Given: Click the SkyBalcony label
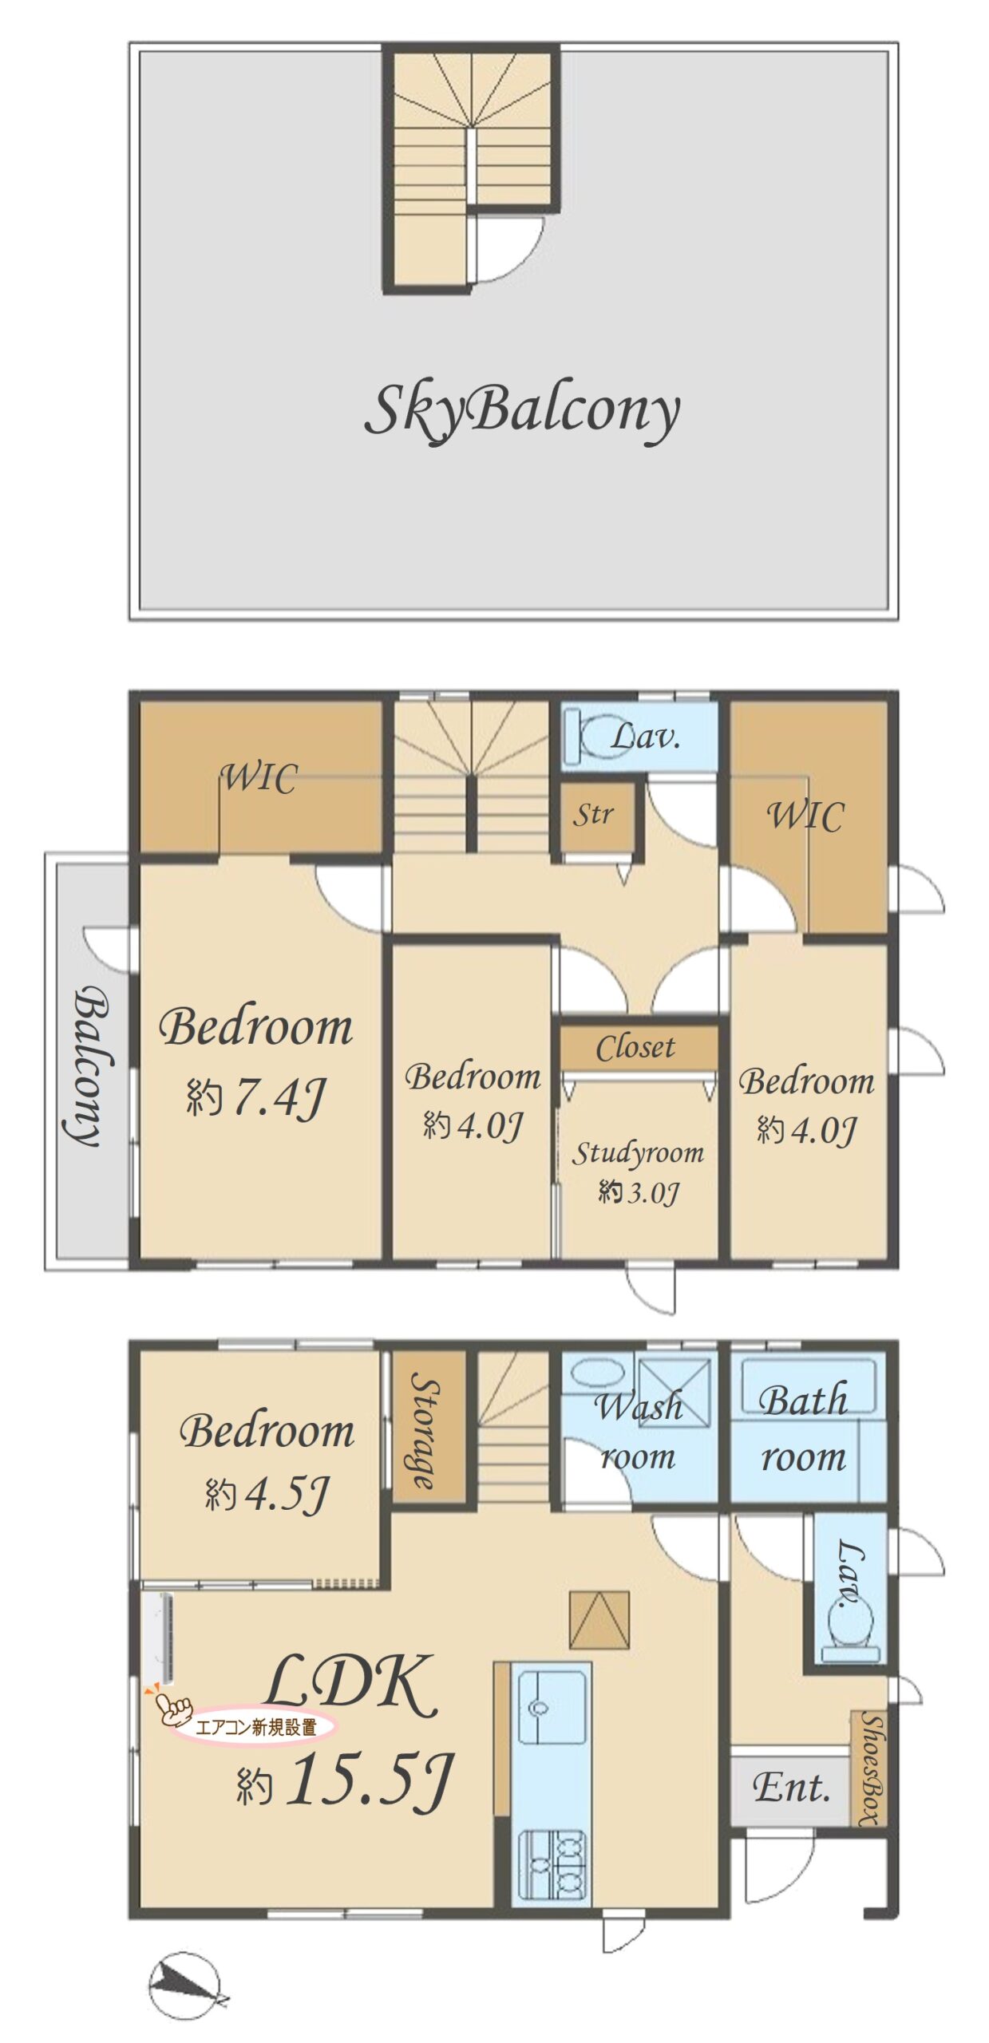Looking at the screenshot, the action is [522, 411].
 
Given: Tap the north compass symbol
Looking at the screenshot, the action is [185, 1985].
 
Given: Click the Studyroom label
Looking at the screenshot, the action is [638, 1153].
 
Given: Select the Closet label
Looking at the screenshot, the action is [635, 1046].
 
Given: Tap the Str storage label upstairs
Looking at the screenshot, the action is [593, 814].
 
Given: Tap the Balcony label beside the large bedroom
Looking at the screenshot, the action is [89, 1066].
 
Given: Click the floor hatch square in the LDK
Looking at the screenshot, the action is [599, 1619].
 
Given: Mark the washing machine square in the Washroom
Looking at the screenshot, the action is [674, 1392].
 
